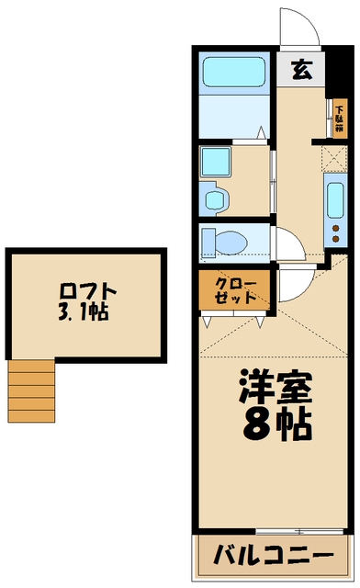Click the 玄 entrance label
(301, 70)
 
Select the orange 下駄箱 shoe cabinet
(339, 119)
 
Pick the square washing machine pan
(216, 161)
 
